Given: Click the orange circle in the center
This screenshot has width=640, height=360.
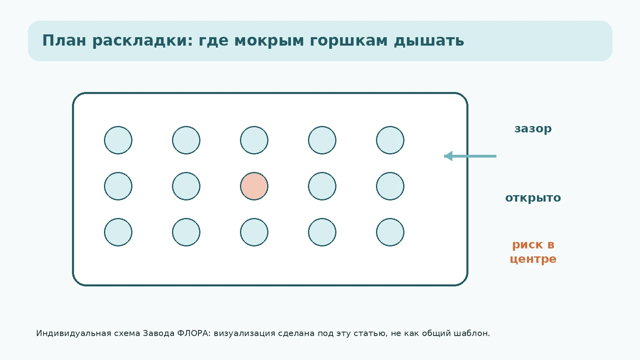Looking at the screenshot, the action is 254,186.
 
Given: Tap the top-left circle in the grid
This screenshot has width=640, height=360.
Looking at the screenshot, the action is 118,140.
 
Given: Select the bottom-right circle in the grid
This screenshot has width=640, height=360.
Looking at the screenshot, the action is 390,232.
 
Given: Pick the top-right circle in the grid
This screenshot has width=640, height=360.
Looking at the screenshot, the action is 390,140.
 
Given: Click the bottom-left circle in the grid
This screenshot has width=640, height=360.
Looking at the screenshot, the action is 118,232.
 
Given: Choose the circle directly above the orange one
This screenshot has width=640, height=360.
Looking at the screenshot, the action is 254,140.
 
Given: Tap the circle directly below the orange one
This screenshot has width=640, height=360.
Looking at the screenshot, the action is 254,232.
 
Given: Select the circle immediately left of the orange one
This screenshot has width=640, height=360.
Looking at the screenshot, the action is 186,186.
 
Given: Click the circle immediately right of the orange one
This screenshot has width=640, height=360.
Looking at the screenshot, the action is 322,186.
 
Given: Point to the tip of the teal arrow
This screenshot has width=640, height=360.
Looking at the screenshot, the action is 444,156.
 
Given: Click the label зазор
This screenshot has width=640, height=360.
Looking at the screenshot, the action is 533,129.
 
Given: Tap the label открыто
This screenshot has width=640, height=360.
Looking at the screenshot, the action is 533,198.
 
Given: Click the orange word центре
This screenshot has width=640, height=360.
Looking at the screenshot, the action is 533,259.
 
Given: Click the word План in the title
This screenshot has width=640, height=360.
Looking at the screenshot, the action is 64,40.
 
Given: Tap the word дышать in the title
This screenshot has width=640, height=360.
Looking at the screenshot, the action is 429,40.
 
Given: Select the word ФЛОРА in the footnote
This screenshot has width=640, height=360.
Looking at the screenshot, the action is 194,334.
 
